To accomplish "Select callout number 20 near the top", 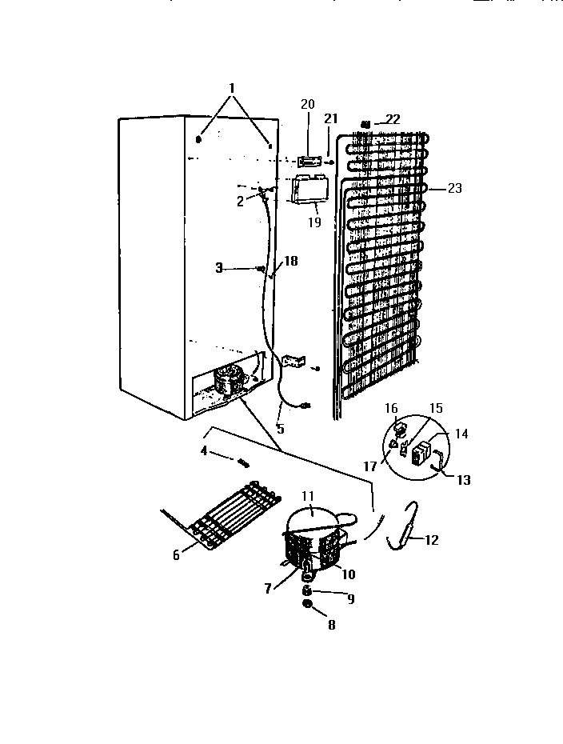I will (x=308, y=104).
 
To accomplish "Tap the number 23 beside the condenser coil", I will (x=454, y=189).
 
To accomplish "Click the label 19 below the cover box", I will (x=314, y=222).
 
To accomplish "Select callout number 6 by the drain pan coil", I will (x=176, y=555).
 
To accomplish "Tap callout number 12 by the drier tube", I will (x=431, y=540).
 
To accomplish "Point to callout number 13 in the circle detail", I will (x=463, y=480).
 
